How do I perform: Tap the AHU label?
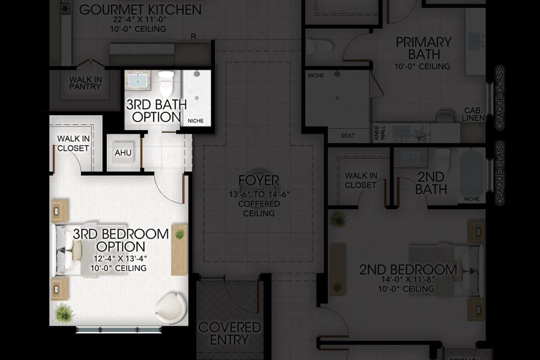pos(123,152)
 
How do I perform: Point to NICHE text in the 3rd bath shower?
pos(196,121)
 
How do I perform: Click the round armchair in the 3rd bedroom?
pos(170,308)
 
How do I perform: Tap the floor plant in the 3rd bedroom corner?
pos(63,313)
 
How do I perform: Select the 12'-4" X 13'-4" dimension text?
pos(119,259)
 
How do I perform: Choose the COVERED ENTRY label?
pos(230,333)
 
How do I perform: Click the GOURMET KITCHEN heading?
pos(140,10)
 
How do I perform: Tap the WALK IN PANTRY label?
pos(85,83)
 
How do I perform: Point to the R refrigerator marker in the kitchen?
pos(193,37)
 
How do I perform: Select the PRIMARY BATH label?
pos(423,48)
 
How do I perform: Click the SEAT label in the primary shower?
pos(348,136)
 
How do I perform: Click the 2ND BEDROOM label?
pos(408,269)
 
